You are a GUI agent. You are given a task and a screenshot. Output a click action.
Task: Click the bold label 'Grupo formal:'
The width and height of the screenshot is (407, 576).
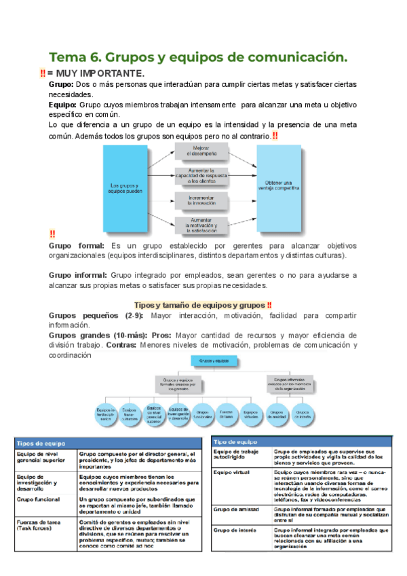pos(76,245)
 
